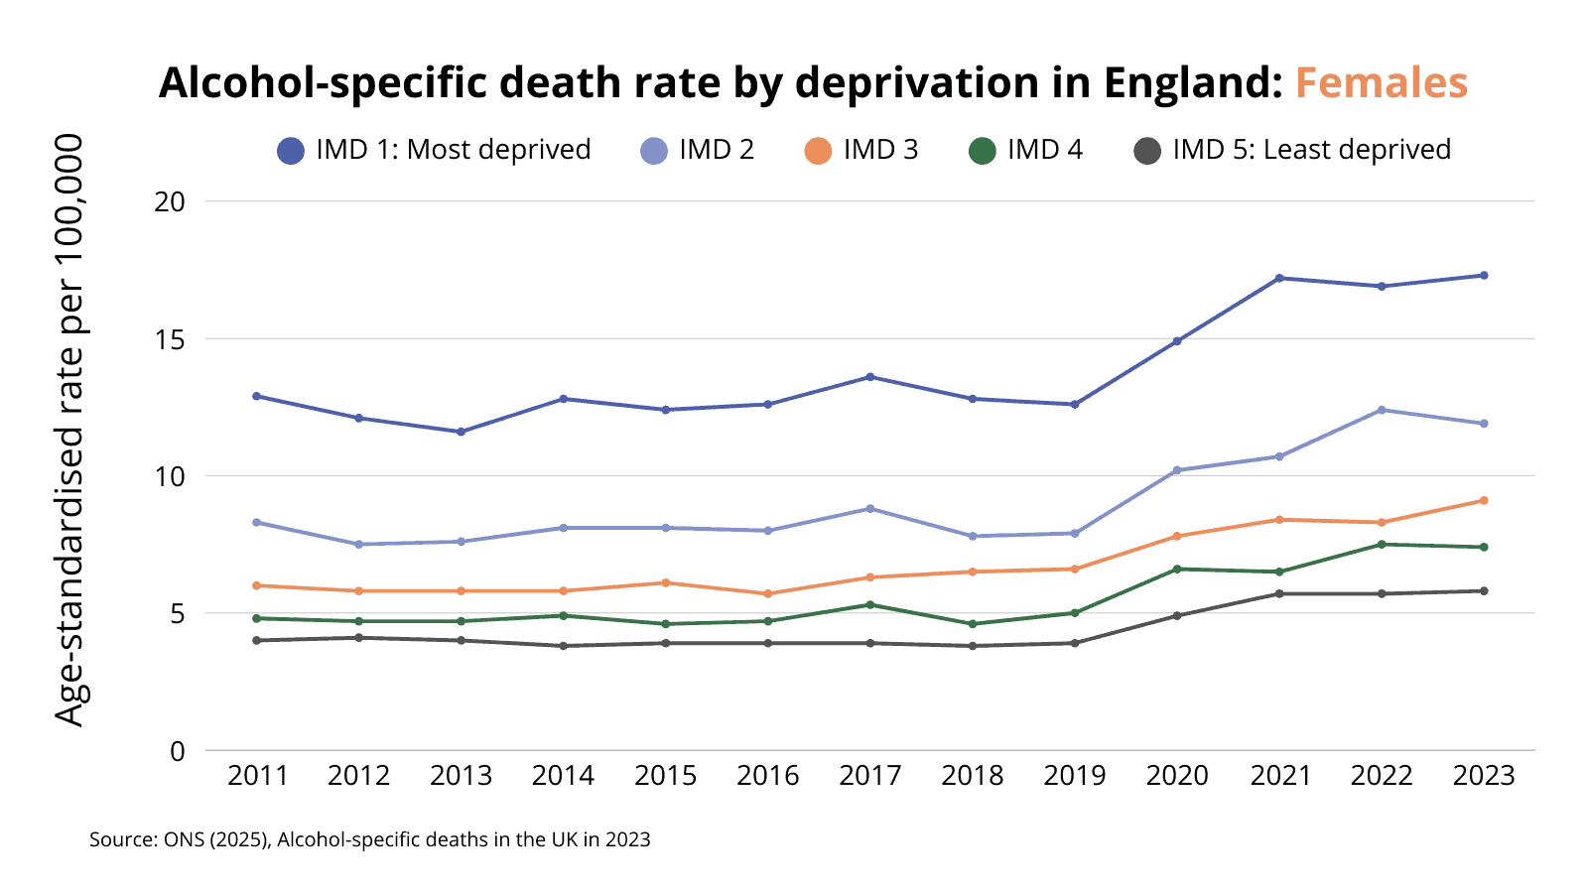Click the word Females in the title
1381,83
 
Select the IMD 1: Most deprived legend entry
434,150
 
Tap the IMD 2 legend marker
654,151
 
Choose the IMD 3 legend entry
860,150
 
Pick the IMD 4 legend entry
1025,150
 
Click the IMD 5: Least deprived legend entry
1291,150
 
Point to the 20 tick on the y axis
171,201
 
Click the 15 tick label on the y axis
171,339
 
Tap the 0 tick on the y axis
178,751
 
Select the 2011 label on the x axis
257,776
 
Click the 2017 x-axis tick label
870,776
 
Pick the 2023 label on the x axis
1484,776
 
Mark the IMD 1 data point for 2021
1279,278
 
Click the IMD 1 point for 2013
462,432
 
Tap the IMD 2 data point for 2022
1382,410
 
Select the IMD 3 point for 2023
1484,500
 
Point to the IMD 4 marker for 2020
1177,569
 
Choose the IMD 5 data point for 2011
257,640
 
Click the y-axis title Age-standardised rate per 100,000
69,431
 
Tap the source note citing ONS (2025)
369,839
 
